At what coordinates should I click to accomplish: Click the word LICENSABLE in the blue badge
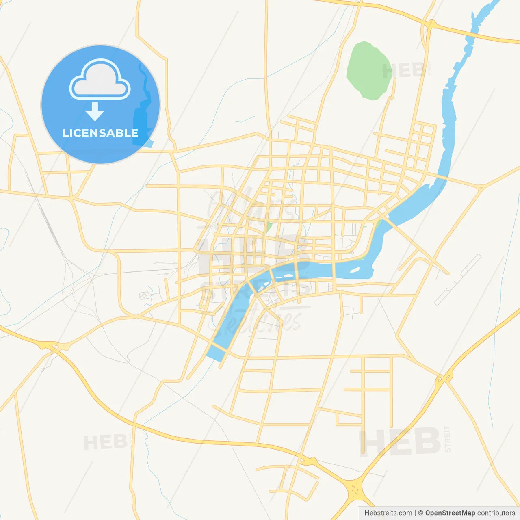(x=100, y=133)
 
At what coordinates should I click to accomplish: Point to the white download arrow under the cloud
(x=95, y=111)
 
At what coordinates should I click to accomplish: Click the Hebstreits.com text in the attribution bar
(x=388, y=513)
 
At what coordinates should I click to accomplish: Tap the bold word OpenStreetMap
(x=450, y=513)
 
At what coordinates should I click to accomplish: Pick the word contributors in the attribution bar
(x=496, y=513)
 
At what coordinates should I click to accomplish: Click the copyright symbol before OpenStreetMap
(x=420, y=513)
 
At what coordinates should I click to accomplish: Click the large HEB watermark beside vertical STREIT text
(x=400, y=441)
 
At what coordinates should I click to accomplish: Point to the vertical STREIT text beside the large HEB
(x=447, y=439)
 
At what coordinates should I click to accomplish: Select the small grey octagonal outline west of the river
(x=144, y=295)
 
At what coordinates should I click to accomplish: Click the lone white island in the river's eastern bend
(x=354, y=269)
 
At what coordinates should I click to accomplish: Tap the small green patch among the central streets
(x=269, y=226)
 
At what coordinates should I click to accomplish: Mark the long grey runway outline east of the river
(x=457, y=279)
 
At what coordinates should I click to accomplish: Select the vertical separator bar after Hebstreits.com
(x=415, y=513)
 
